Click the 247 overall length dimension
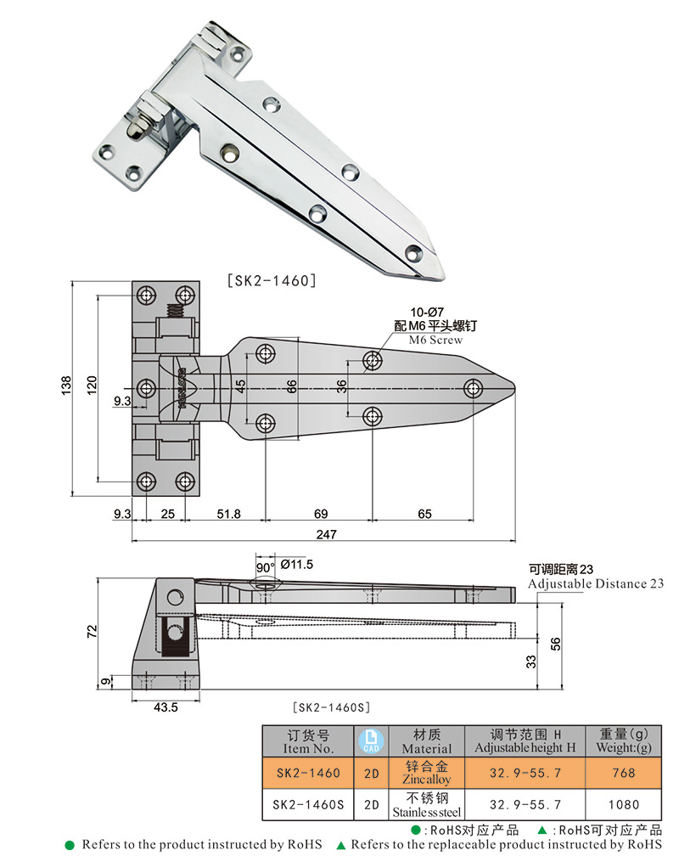pos(327,534)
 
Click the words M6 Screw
pos(435,340)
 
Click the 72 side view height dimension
pos(92,630)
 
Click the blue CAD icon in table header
pos(370,741)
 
